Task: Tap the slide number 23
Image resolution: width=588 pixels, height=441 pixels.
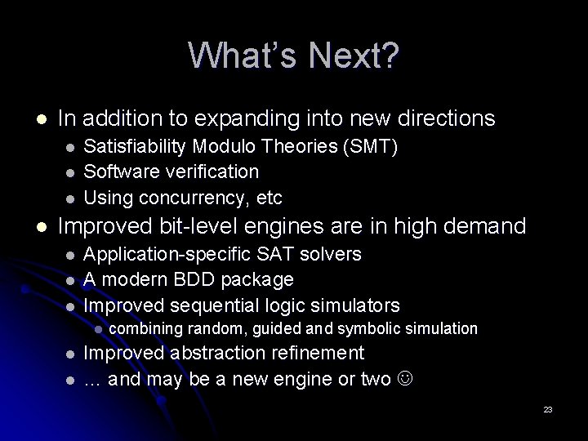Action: (x=548, y=409)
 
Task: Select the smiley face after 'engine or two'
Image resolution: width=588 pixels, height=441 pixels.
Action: (x=406, y=379)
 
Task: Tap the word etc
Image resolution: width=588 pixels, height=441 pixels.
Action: (x=269, y=197)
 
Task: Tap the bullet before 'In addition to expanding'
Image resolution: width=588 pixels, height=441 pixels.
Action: (x=32, y=119)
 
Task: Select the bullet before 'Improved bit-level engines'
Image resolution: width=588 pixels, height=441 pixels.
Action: (x=32, y=226)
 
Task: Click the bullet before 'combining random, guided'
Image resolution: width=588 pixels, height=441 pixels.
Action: (x=97, y=329)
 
